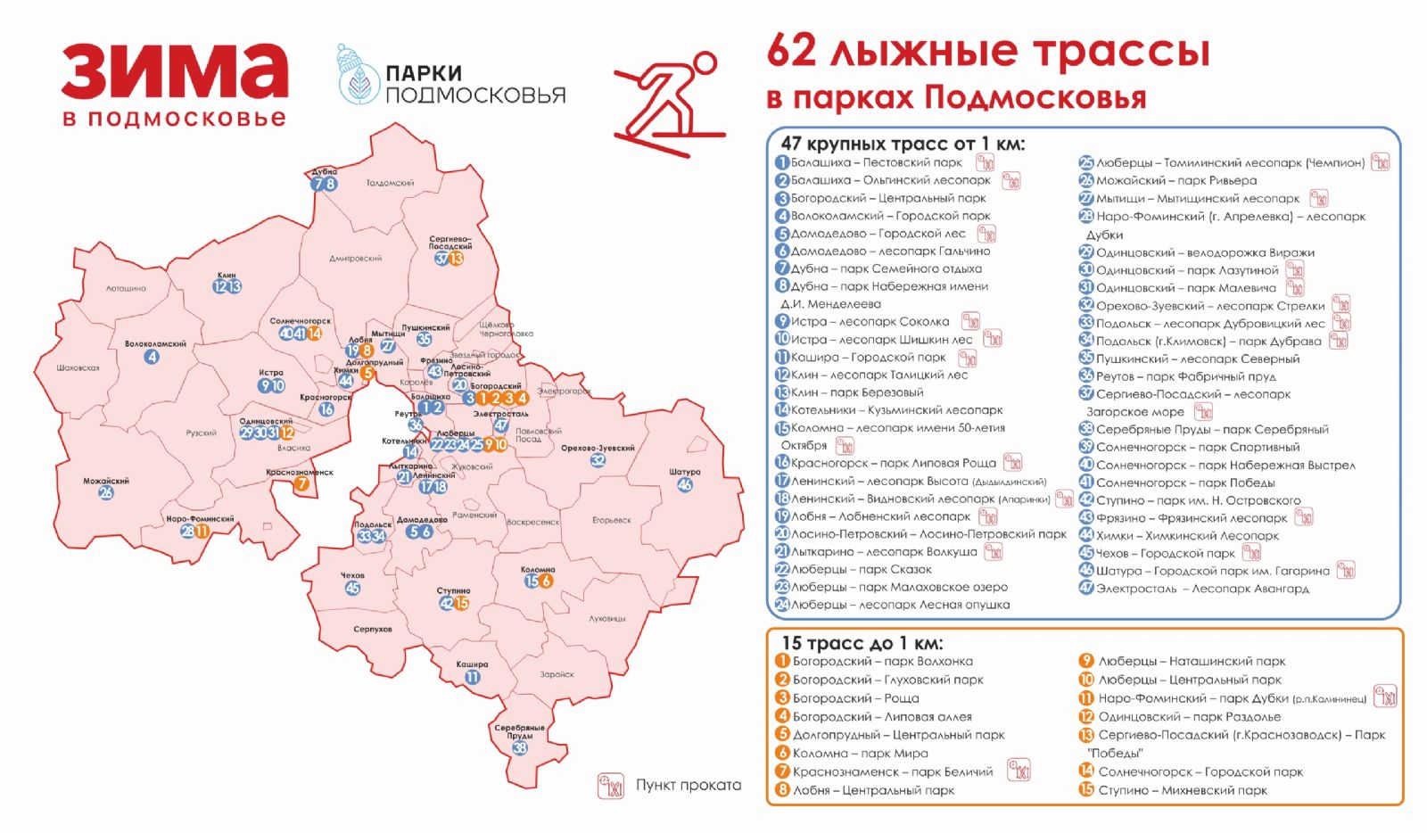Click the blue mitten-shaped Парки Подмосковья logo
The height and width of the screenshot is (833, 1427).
[x=357, y=77]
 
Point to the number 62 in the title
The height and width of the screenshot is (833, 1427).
[x=792, y=51]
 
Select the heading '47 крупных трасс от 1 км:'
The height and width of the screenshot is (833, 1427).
[x=903, y=144]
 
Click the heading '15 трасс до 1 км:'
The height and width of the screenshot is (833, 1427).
[x=862, y=643]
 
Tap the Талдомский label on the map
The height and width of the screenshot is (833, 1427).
[x=390, y=183]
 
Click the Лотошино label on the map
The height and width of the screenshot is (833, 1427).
[x=126, y=288]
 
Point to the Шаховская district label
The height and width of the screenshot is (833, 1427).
[x=78, y=367]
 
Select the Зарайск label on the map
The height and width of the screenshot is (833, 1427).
[x=557, y=674]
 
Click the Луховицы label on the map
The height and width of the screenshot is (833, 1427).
[x=607, y=618]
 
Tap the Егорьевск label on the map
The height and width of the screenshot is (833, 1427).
[x=612, y=520]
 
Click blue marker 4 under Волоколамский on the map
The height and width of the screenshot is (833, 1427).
[x=153, y=357]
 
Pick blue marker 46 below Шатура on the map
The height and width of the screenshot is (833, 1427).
[x=685, y=485]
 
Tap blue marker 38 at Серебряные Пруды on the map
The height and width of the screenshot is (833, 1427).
[x=519, y=747]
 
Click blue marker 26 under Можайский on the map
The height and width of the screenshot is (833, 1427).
[x=106, y=492]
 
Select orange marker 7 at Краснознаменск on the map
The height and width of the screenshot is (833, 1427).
[x=302, y=484]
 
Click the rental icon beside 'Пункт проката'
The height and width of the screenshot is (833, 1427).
[x=611, y=786]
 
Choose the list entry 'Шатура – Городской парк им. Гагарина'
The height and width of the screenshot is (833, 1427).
[x=1212, y=571]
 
